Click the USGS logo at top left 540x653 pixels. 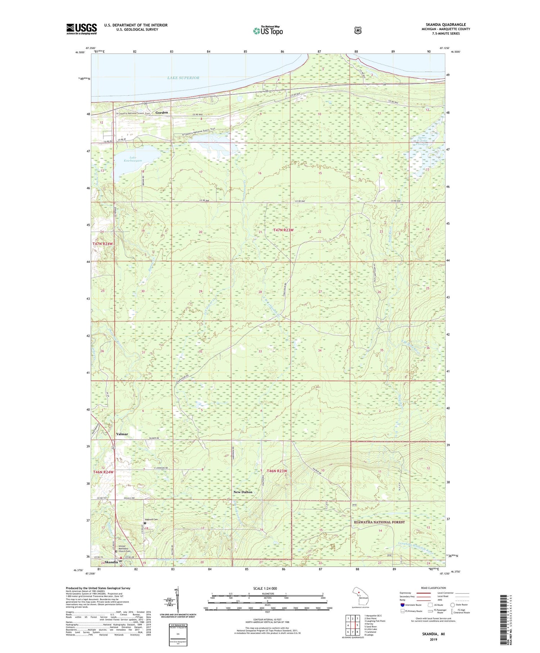[x=81, y=29]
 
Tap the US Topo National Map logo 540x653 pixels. [x=268, y=30]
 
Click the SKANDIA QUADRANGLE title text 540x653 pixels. [x=445, y=24]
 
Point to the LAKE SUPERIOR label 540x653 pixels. [x=183, y=78]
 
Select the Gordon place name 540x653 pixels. [x=162, y=113]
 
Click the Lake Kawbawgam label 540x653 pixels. [x=131, y=159]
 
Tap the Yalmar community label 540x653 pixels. [x=122, y=434]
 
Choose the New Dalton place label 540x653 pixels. [x=243, y=492]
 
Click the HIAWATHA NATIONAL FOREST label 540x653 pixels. [x=379, y=522]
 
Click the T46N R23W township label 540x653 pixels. [x=277, y=471]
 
